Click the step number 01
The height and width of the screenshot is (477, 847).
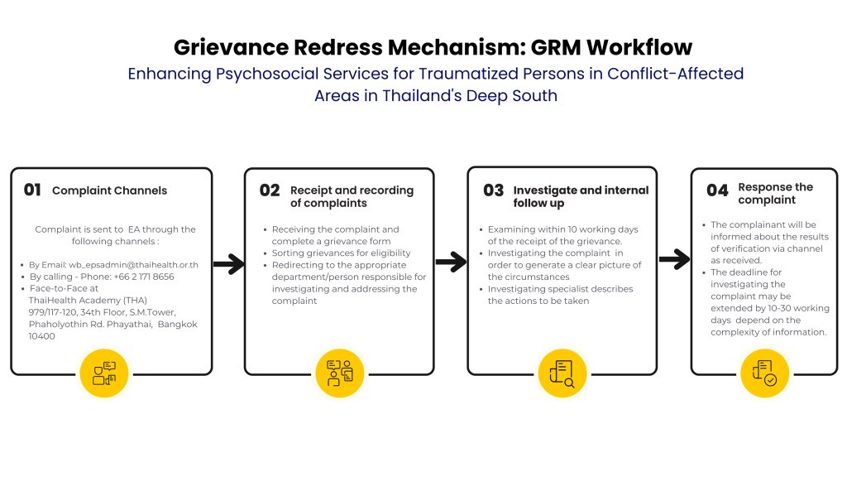click(32, 190)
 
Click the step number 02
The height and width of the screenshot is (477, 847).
click(270, 190)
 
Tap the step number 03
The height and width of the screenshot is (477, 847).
click(494, 190)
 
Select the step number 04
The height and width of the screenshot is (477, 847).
click(717, 190)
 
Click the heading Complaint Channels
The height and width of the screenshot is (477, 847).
click(109, 190)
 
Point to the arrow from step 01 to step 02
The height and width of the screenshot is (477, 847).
click(228, 265)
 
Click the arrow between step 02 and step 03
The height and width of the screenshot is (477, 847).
click(451, 263)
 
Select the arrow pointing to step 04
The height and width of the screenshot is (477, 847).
click(673, 258)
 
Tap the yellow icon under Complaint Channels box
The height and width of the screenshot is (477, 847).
click(104, 373)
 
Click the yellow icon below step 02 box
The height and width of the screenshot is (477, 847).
click(339, 373)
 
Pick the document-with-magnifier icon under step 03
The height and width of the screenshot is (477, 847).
click(562, 373)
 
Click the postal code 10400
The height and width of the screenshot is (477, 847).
click(42, 336)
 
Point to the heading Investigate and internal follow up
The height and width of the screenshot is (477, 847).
click(581, 196)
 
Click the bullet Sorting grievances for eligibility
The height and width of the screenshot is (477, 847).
click(341, 253)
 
